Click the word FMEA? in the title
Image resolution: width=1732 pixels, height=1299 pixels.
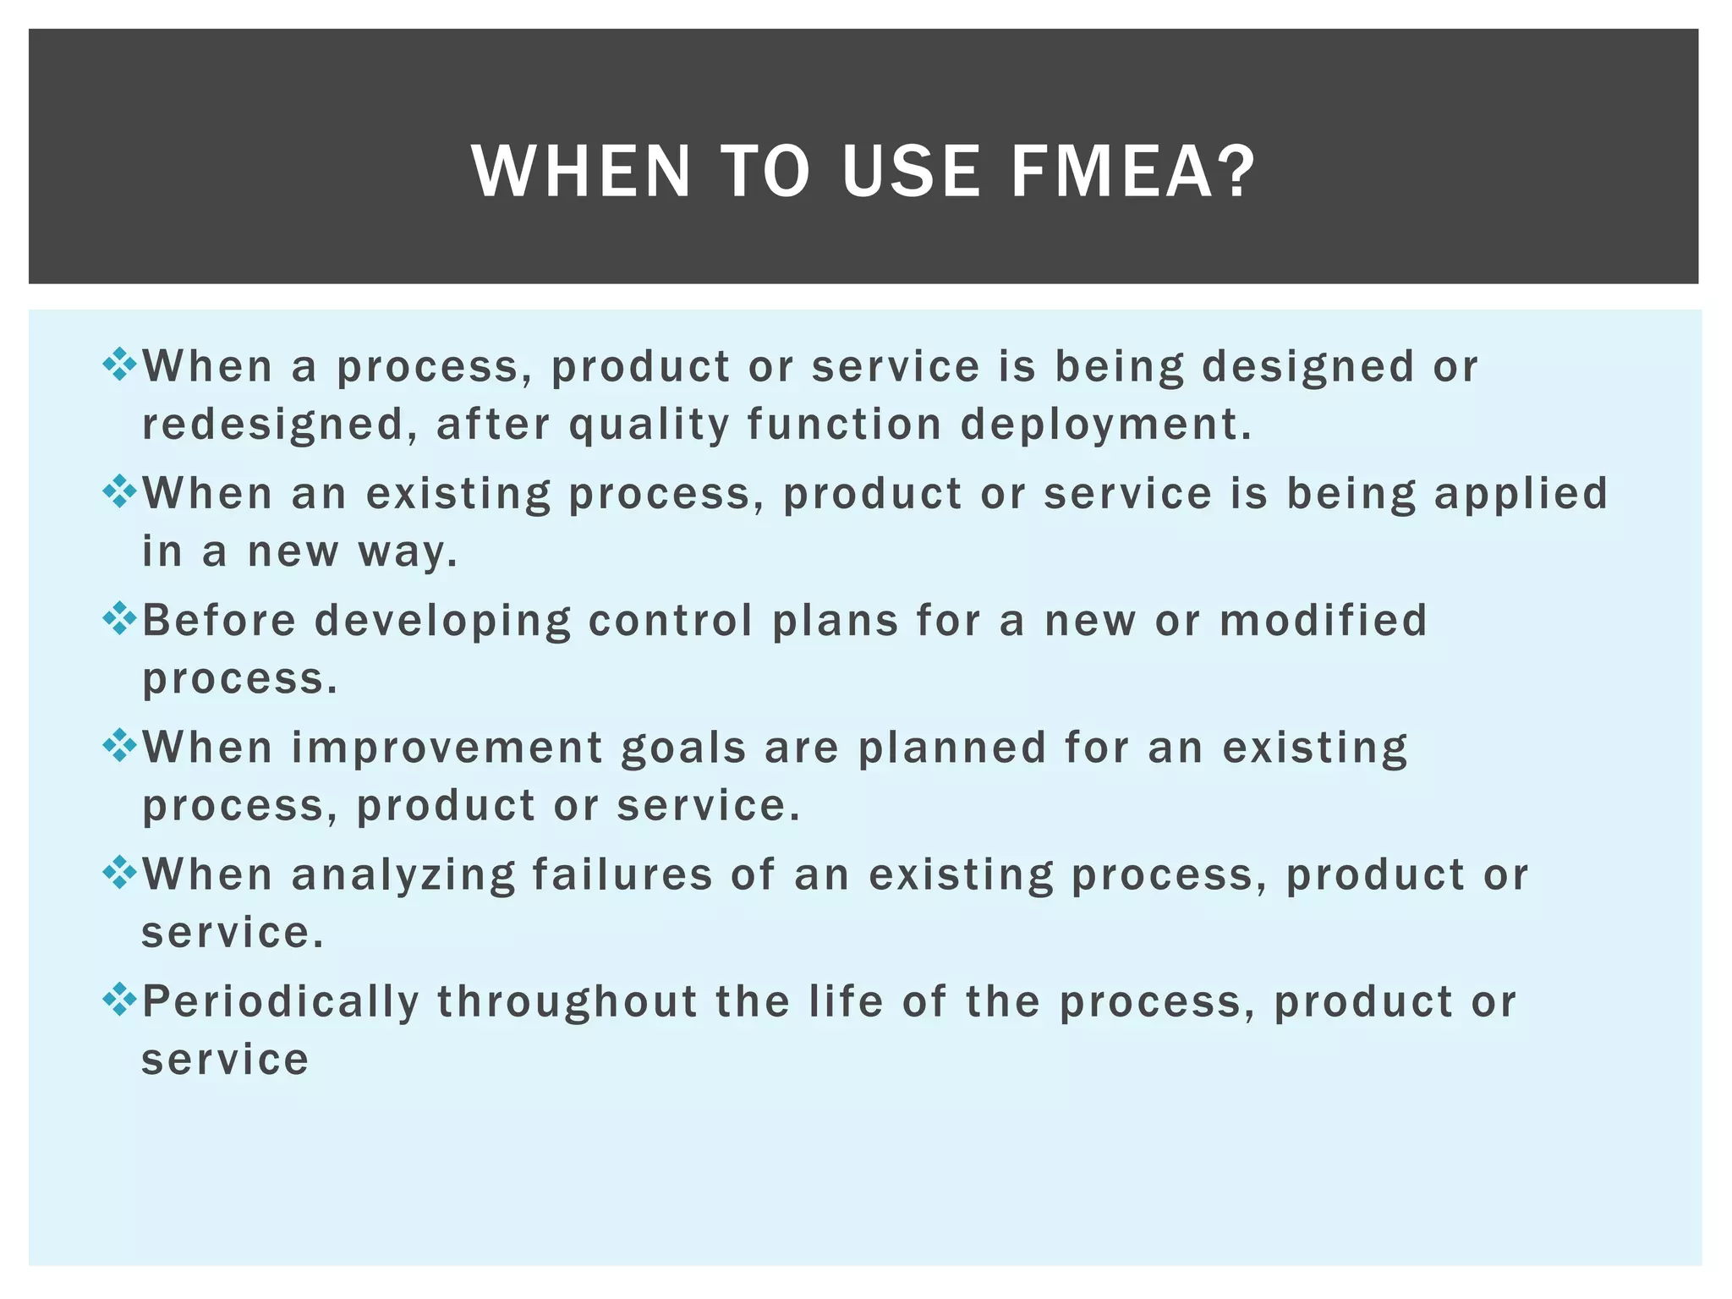pyautogui.click(x=1133, y=172)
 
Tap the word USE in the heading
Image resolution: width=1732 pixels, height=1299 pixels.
pyautogui.click(x=911, y=172)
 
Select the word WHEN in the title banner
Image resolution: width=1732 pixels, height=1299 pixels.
pyautogui.click(x=582, y=172)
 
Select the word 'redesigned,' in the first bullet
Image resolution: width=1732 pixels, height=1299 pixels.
pyautogui.click(x=279, y=425)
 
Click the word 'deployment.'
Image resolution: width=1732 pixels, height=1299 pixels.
pyautogui.click(x=1105, y=425)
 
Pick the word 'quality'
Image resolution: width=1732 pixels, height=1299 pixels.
pyautogui.click(x=649, y=425)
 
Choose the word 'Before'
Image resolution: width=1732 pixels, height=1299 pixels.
pyautogui.click(x=219, y=620)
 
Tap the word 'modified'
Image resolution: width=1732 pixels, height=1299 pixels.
pyautogui.click(x=1324, y=620)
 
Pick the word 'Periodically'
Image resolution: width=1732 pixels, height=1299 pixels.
pyautogui.click(x=281, y=1002)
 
